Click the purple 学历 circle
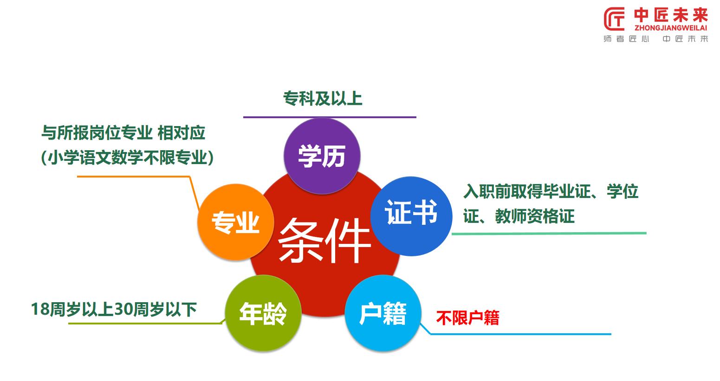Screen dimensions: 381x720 pos(322,155)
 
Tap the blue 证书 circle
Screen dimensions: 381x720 pos(411,216)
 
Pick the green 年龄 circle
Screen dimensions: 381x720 pos(263,313)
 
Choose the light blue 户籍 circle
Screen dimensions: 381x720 pos(383,313)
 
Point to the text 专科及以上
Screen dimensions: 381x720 pos(323,99)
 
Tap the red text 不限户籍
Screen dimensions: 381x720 pos(467,318)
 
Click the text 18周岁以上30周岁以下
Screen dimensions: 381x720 pos(114,309)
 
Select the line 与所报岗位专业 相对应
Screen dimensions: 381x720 pos(123,133)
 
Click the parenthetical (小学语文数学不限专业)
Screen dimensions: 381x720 pos(127,158)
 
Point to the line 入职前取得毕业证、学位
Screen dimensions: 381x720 pos(551,191)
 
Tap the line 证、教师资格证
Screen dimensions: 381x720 pos(519,216)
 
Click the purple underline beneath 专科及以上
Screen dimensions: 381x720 pos(330,117)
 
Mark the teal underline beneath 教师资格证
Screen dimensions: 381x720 pos(549,233)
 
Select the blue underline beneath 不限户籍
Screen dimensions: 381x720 pos(520,334)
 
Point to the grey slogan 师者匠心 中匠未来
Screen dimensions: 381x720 pos(655,39)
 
